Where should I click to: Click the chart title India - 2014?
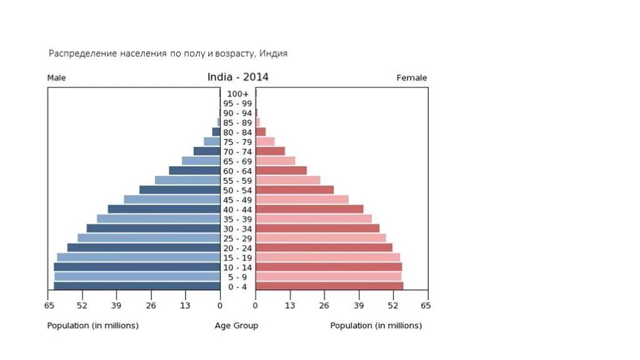(x=237, y=77)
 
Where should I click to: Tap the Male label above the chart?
(x=56, y=78)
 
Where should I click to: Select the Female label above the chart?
(x=411, y=78)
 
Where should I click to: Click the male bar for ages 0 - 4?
(x=137, y=286)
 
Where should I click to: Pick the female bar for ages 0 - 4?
(x=329, y=286)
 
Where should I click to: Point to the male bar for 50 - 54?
(x=179, y=190)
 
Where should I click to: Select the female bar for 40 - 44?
(x=309, y=209)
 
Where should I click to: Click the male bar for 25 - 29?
(x=149, y=238)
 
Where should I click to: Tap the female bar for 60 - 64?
(x=281, y=171)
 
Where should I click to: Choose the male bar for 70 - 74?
(x=207, y=151)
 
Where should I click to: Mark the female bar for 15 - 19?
(x=327, y=257)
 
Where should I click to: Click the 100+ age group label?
(x=237, y=94)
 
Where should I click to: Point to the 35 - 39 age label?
(x=237, y=219)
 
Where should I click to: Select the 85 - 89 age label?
(x=237, y=123)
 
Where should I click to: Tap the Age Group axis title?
(x=236, y=326)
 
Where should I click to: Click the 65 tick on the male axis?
(x=49, y=306)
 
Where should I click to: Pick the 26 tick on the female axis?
(x=324, y=306)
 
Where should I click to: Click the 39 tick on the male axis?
(x=116, y=306)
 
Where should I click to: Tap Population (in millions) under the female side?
(x=376, y=326)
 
